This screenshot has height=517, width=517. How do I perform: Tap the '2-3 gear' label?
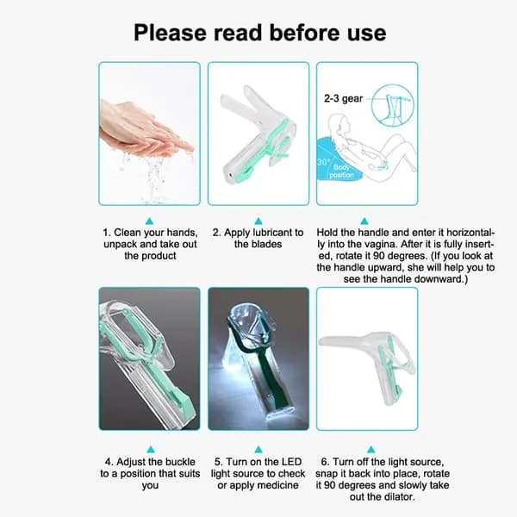coord(343,98)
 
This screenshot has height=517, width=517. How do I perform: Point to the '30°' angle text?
coord(324,162)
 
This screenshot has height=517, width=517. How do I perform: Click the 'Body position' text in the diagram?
coord(341,171)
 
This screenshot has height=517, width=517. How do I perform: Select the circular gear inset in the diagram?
coord(392,105)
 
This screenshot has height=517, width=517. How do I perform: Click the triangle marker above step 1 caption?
coord(149,221)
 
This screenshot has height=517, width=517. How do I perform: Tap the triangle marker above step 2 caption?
coord(258,221)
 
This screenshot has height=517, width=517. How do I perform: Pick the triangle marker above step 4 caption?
coord(151,450)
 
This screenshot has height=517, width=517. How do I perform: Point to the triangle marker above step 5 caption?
coord(258,450)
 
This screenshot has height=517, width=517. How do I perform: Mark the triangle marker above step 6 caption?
coord(371,450)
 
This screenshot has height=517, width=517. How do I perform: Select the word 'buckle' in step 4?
coord(179,462)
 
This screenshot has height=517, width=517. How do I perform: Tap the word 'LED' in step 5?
coord(291,462)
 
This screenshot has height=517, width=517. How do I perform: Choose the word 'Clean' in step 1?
coord(127,233)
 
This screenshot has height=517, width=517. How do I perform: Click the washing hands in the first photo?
coord(145,132)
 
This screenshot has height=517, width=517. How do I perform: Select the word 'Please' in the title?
coord(170,33)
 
